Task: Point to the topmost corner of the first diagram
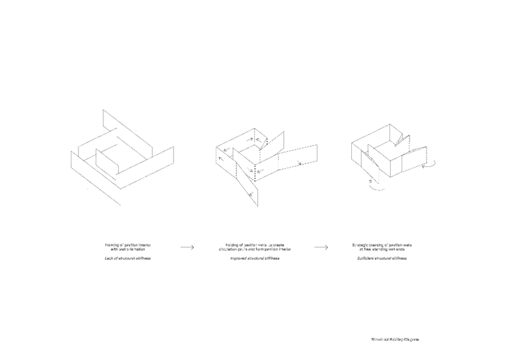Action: point(103,110)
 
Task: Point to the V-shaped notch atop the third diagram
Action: point(399,135)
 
